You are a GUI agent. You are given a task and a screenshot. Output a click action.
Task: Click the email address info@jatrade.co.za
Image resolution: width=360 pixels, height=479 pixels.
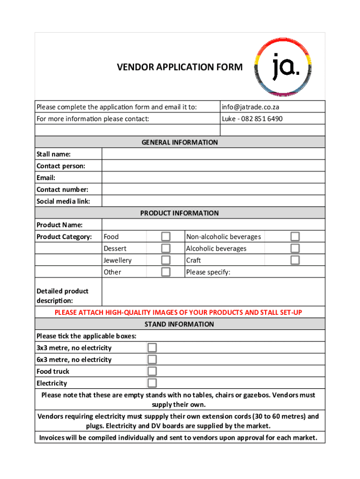click(x=250, y=107)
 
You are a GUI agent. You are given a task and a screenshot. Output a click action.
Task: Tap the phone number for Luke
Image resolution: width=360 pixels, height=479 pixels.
click(x=252, y=119)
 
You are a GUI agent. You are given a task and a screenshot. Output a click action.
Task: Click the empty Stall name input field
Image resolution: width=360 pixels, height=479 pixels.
click(x=213, y=154)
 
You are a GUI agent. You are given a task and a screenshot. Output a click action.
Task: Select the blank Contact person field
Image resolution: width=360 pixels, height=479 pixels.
click(x=213, y=166)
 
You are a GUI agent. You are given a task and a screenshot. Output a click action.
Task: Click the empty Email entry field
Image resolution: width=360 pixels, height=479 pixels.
click(x=213, y=178)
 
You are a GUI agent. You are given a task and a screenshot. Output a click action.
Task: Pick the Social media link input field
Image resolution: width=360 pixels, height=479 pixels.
click(x=213, y=201)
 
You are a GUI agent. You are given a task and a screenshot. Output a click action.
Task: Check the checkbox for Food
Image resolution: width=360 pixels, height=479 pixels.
click(x=166, y=237)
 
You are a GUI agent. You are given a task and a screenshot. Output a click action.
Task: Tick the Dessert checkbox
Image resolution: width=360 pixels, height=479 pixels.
click(x=166, y=248)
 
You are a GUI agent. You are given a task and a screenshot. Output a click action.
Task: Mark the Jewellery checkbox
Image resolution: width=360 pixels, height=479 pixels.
click(x=166, y=260)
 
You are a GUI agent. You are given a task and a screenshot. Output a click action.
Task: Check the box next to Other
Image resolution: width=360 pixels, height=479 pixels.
click(x=166, y=272)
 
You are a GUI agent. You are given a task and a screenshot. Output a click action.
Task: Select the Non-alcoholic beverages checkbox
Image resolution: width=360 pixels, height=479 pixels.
click(x=295, y=237)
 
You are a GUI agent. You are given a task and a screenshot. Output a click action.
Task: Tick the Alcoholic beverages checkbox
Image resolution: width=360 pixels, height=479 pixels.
click(x=295, y=248)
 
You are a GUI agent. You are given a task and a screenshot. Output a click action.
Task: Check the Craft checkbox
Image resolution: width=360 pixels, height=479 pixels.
click(x=295, y=260)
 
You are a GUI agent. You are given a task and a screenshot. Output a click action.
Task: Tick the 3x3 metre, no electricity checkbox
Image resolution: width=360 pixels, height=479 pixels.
click(x=152, y=348)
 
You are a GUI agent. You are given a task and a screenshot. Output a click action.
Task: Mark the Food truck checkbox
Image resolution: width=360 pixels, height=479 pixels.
click(x=152, y=371)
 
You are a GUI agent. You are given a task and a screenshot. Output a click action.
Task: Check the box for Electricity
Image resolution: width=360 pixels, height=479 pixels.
click(x=152, y=383)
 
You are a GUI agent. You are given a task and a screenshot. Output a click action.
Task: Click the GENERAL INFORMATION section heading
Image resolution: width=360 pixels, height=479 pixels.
click(x=180, y=142)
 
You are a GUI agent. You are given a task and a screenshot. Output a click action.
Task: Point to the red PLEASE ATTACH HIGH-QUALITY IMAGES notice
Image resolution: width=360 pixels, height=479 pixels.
click(x=178, y=312)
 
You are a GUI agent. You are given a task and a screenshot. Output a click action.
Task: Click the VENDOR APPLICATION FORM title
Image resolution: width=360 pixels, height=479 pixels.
click(x=180, y=67)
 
